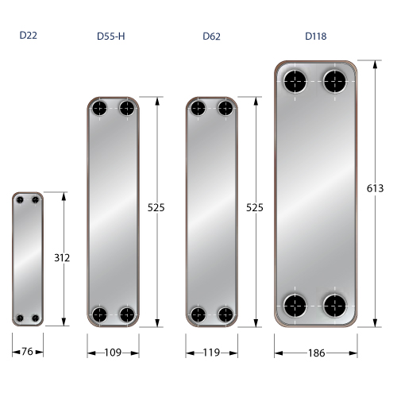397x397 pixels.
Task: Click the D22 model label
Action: [29, 35]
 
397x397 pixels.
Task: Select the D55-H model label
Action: [111, 36]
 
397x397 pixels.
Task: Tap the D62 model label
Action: [211, 36]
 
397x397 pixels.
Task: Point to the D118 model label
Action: [316, 36]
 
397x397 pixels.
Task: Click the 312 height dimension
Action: [62, 257]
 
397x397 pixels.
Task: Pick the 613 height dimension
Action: [375, 188]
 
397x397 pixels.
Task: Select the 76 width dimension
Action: [27, 352]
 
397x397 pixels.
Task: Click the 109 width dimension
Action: [113, 353]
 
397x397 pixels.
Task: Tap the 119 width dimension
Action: [211, 353]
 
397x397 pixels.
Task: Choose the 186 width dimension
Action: [316, 353]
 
